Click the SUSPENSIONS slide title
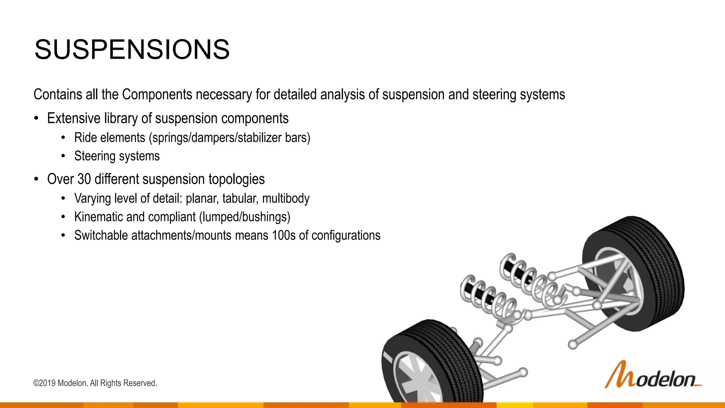[x=132, y=50]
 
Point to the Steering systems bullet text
[x=117, y=156]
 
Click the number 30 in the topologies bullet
[x=84, y=179]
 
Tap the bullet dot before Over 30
[x=36, y=179]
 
